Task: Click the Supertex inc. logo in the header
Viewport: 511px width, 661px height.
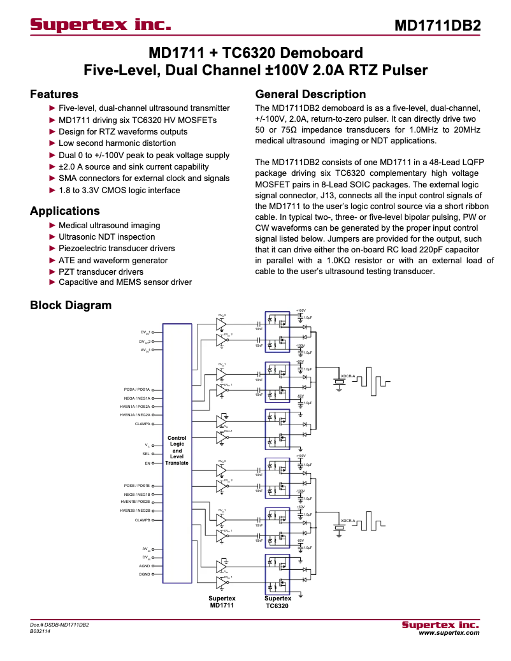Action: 101,25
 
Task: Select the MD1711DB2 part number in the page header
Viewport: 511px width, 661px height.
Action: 437,26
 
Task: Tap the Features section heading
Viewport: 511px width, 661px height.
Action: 54,94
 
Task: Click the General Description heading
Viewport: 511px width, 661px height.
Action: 310,94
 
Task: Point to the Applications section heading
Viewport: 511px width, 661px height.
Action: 65,211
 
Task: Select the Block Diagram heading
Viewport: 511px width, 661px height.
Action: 71,305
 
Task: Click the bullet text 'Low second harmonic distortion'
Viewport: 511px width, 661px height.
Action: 117,143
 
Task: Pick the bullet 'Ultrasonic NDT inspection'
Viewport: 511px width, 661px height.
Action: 106,237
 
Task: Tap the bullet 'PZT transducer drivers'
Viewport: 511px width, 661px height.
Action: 101,272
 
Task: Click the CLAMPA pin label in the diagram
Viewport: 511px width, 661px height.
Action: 142,423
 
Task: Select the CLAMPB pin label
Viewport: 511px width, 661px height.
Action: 142,520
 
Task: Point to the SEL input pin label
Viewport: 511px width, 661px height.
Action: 146,454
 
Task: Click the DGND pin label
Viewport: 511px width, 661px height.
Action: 145,574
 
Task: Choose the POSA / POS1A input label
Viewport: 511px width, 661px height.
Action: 136,389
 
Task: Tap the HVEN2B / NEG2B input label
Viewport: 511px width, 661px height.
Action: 135,511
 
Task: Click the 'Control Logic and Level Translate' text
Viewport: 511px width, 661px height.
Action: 177,450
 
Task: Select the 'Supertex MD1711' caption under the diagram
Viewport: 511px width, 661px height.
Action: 222,602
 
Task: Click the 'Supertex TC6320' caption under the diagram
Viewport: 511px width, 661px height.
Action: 278,602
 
